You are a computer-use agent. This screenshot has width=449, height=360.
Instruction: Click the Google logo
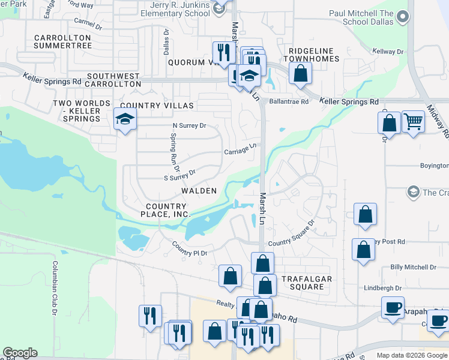pyautogui.click(x=20, y=353)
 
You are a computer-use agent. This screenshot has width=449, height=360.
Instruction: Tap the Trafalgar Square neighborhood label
pyautogui.click(x=303, y=283)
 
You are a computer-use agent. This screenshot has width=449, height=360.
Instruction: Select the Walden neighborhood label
pyautogui.click(x=199, y=190)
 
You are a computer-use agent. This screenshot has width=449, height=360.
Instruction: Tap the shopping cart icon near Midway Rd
pyautogui.click(x=414, y=122)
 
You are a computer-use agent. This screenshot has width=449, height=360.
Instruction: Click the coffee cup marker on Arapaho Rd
pyautogui.click(x=393, y=308)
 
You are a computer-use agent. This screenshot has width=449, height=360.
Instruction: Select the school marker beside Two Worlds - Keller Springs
pyautogui.click(x=125, y=120)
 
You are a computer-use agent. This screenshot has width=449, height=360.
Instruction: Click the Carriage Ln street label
pyautogui.click(x=241, y=148)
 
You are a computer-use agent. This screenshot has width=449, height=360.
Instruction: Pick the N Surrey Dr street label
pyautogui.click(x=189, y=126)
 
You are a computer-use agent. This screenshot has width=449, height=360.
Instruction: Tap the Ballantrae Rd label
pyautogui.click(x=289, y=102)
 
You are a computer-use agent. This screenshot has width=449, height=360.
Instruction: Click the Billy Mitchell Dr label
pyautogui.click(x=413, y=267)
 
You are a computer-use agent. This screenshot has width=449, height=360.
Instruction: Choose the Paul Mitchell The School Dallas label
pyautogui.click(x=361, y=17)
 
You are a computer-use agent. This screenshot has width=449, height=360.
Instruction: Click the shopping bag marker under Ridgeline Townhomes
pyautogui.click(x=300, y=74)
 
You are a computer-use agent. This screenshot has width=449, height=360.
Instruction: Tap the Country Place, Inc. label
pyautogui.click(x=165, y=210)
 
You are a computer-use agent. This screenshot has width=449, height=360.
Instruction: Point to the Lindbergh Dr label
pyautogui.click(x=383, y=289)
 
